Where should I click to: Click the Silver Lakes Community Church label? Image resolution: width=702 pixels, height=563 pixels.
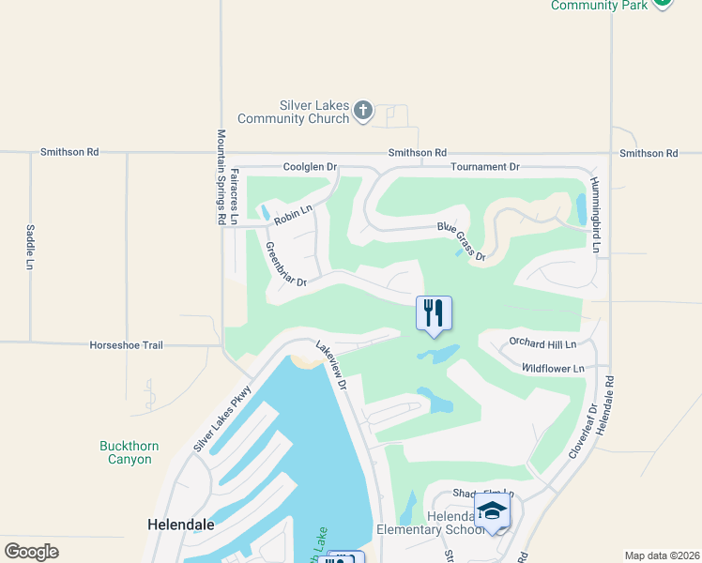click(x=294, y=113)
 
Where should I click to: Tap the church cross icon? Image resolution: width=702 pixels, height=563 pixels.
click(x=363, y=113)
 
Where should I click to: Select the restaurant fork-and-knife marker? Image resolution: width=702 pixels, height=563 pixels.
click(x=434, y=313)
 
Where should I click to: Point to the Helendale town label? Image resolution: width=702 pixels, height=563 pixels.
click(x=181, y=525)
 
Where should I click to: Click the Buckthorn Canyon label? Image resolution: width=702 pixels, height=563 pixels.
click(x=130, y=452)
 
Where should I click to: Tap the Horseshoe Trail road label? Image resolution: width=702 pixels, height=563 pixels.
click(x=126, y=345)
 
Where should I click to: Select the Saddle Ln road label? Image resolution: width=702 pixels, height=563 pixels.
click(x=30, y=247)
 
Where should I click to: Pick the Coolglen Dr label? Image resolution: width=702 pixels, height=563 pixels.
click(x=310, y=167)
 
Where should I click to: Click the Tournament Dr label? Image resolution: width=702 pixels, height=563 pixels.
click(x=484, y=167)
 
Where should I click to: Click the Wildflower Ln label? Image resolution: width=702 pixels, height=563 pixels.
click(x=553, y=369)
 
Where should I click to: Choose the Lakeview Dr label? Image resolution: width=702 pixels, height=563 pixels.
click(x=332, y=365)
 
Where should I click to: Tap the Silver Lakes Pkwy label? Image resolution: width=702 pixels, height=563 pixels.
click(x=223, y=418)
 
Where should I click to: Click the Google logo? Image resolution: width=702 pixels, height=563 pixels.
click(x=32, y=552)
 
